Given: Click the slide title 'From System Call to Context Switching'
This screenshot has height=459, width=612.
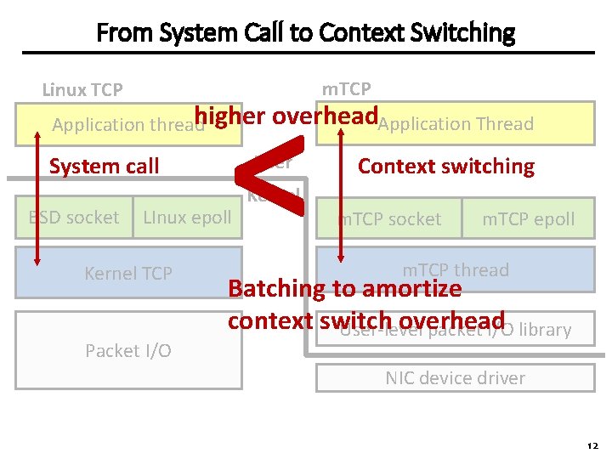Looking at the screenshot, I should click(x=305, y=33).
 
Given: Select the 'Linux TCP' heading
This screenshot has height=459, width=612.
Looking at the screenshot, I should click(x=82, y=89).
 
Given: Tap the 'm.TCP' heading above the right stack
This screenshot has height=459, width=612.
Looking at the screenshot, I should click(x=346, y=88).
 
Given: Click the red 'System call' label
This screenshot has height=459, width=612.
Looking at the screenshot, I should click(x=104, y=166).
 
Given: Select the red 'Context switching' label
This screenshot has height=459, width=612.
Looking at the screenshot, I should click(x=445, y=166).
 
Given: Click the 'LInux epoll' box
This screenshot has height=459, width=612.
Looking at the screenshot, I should click(x=187, y=218).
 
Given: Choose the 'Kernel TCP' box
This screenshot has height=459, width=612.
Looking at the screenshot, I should click(x=128, y=273).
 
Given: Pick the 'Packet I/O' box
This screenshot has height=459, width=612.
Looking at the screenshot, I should click(x=128, y=350).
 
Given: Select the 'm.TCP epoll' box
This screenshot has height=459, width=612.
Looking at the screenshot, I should click(x=528, y=219).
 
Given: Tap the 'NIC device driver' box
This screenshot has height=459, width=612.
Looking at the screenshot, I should click(x=455, y=378).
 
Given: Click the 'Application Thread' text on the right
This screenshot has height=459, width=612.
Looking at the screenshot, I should click(x=456, y=124).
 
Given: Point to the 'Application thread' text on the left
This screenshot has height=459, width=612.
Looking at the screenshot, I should click(x=127, y=125).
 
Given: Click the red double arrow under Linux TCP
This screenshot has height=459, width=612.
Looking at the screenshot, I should click(x=37, y=195).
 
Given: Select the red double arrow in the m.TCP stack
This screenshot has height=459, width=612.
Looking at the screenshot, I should click(x=341, y=195).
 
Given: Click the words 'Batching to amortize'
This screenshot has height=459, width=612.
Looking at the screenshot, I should click(x=344, y=289).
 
